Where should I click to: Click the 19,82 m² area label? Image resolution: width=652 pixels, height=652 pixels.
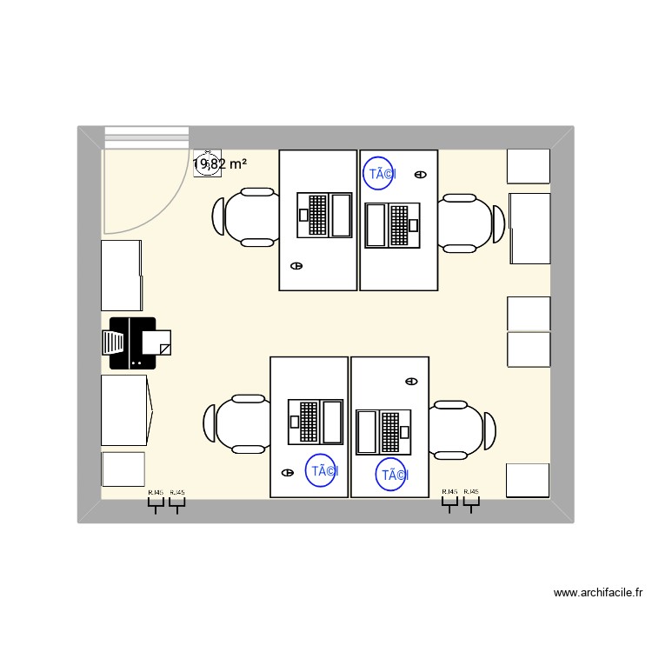tap(220, 163)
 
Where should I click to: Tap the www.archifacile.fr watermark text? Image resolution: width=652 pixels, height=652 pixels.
tap(598, 593)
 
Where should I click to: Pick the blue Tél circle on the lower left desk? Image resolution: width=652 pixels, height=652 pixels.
tap(322, 470)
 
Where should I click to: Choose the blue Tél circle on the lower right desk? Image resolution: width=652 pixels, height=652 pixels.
tap(392, 475)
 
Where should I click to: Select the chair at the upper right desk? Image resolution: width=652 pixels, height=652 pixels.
tap(470, 223)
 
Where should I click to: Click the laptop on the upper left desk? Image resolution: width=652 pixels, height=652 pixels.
tap(324, 215)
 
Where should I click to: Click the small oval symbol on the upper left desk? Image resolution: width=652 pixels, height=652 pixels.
tap(296, 266)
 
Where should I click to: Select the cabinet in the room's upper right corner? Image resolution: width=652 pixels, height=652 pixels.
tap(528, 166)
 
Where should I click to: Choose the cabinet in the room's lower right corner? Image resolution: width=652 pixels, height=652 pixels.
tap(528, 481)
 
